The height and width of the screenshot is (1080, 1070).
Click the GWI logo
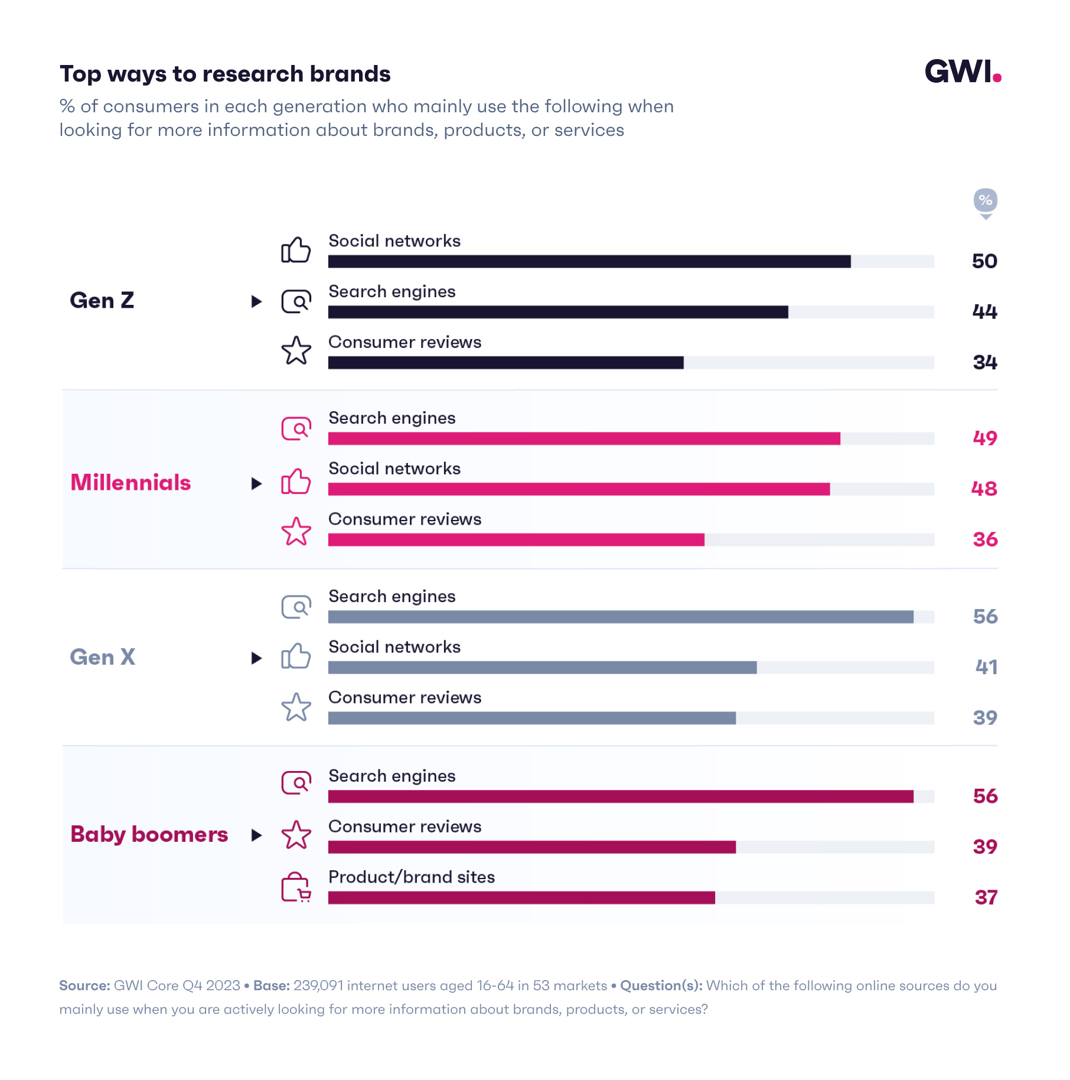[962, 72]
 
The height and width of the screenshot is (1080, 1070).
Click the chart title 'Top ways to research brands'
[225, 74]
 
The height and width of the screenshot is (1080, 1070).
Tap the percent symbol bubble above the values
[985, 201]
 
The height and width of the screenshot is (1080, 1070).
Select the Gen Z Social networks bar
[589, 261]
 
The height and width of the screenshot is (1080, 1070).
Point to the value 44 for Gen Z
[984, 311]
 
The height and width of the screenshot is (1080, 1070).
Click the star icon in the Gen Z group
[296, 351]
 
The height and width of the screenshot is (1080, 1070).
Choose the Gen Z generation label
[102, 301]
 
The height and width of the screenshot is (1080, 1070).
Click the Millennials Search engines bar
[583, 438]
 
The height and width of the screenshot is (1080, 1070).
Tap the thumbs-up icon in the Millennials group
[296, 482]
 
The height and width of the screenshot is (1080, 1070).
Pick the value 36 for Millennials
[985, 539]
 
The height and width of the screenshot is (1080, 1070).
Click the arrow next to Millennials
[256, 484]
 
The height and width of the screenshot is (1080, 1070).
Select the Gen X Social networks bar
[542, 668]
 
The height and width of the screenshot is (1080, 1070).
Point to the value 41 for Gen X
[986, 667]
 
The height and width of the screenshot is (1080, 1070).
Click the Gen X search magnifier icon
[296, 607]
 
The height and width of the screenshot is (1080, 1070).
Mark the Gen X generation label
[103, 658]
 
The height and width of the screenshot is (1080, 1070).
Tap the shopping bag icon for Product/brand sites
[296, 887]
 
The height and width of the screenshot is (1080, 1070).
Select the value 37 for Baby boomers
[986, 897]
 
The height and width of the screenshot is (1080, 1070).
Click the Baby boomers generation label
[149, 835]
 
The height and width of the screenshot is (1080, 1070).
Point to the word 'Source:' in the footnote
[84, 985]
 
